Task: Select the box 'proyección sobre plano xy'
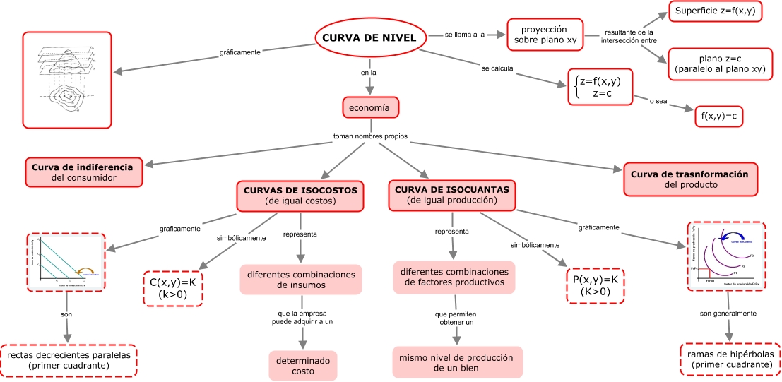click(x=544, y=35)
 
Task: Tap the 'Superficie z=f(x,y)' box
click(x=715, y=12)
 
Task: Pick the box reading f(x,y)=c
click(x=719, y=114)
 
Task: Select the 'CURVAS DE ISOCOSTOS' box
click(x=300, y=196)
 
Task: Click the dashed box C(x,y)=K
click(x=172, y=288)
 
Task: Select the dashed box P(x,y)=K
click(x=596, y=285)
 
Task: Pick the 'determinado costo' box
click(x=303, y=365)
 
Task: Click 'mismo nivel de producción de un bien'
click(x=456, y=362)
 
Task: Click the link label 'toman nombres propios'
click(x=370, y=136)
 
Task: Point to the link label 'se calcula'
click(x=497, y=68)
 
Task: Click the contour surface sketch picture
click(x=67, y=79)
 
